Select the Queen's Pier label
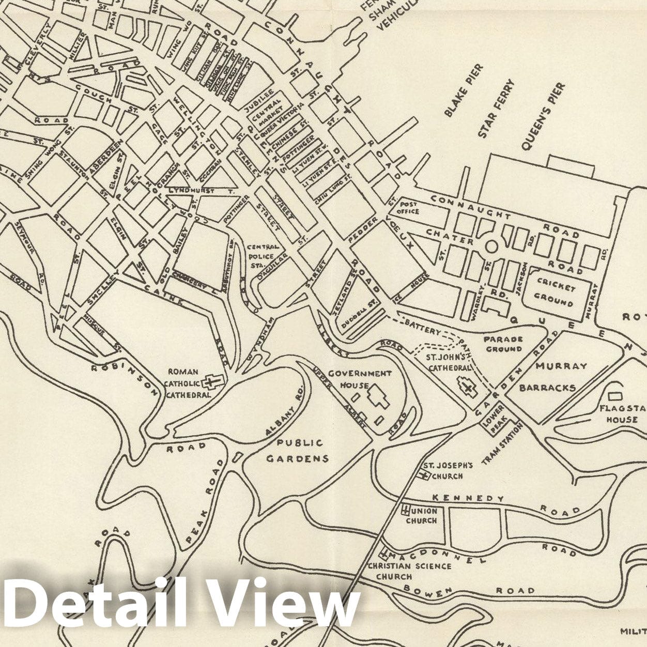tap(543, 117)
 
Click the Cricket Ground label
tap(556, 292)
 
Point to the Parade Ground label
tap(503, 344)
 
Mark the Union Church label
tap(421, 516)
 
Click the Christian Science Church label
tap(409, 571)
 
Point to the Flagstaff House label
tap(622, 413)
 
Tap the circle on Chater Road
tap(491, 247)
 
